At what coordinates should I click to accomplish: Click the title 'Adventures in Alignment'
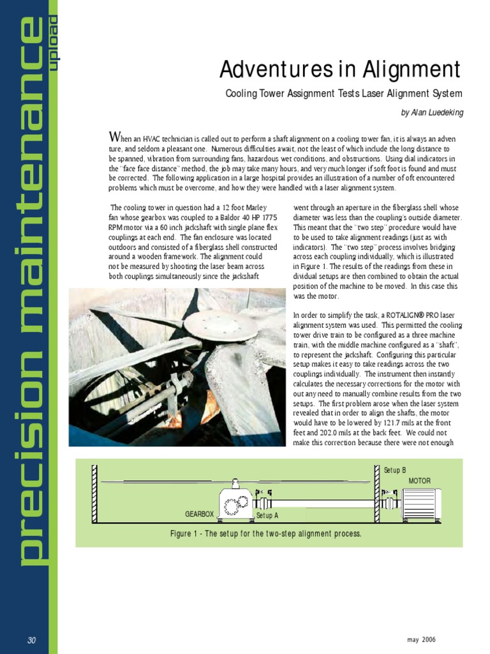click(339, 69)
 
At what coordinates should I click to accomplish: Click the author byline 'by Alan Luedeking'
click(432, 112)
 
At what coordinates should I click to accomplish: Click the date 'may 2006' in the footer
click(421, 640)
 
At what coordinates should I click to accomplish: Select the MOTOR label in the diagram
click(419, 480)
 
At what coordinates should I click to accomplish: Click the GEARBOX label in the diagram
click(199, 513)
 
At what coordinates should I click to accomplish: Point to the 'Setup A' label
click(267, 515)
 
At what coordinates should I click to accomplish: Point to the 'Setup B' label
click(395, 470)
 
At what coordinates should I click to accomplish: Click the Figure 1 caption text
click(266, 533)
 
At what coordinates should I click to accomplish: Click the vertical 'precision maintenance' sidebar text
click(30, 294)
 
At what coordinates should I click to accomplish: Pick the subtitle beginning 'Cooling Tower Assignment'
click(344, 94)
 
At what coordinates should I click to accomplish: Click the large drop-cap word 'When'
click(121, 138)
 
